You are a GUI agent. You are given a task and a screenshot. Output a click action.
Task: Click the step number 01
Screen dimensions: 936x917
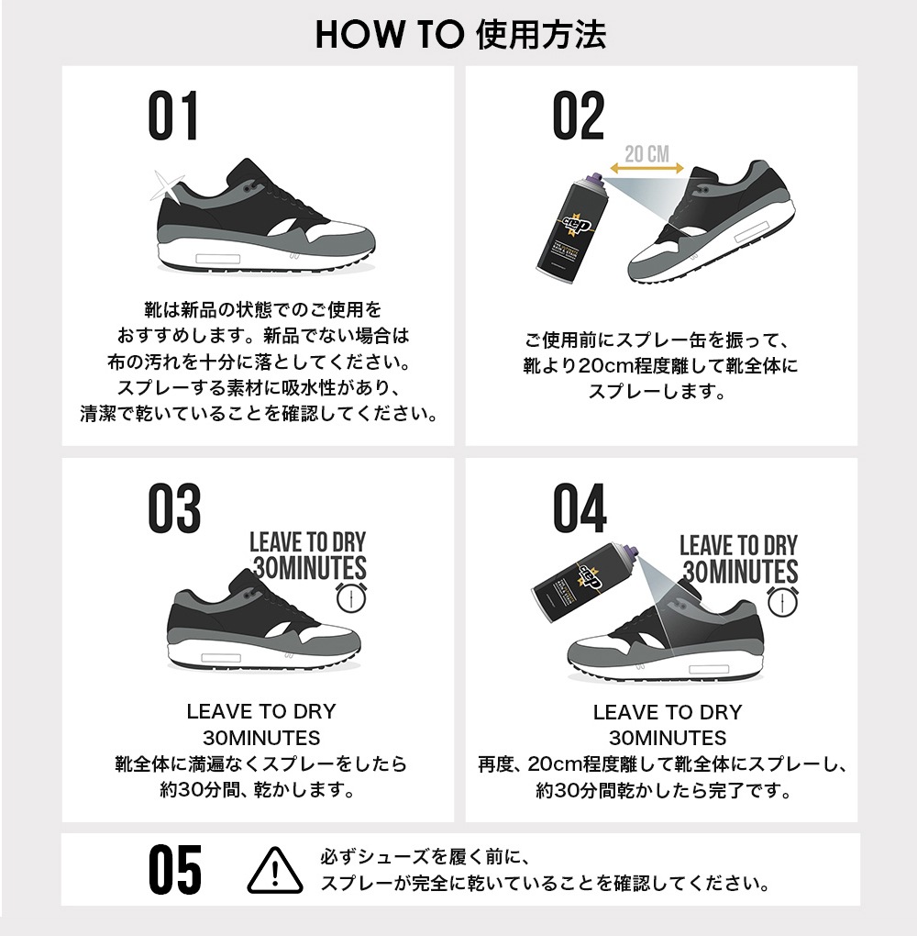pyautogui.click(x=173, y=116)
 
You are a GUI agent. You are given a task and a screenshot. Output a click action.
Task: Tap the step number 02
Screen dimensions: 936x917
pyautogui.click(x=579, y=116)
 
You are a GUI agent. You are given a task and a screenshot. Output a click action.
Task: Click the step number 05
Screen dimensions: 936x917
pyautogui.click(x=174, y=869)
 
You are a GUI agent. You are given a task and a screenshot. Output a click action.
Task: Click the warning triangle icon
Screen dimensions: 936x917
pyautogui.click(x=275, y=869)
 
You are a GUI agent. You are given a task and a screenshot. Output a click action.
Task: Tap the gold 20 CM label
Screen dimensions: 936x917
pyautogui.click(x=646, y=153)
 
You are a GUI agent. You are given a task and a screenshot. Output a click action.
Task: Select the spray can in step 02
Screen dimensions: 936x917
pyautogui.click(x=570, y=225)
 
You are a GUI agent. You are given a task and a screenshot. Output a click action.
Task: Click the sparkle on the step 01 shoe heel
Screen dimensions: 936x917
pyautogui.click(x=164, y=187)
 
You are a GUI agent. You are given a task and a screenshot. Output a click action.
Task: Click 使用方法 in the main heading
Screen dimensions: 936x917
pyautogui.click(x=542, y=34)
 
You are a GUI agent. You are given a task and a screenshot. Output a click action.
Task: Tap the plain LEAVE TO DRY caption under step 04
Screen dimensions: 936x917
pyautogui.click(x=667, y=712)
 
